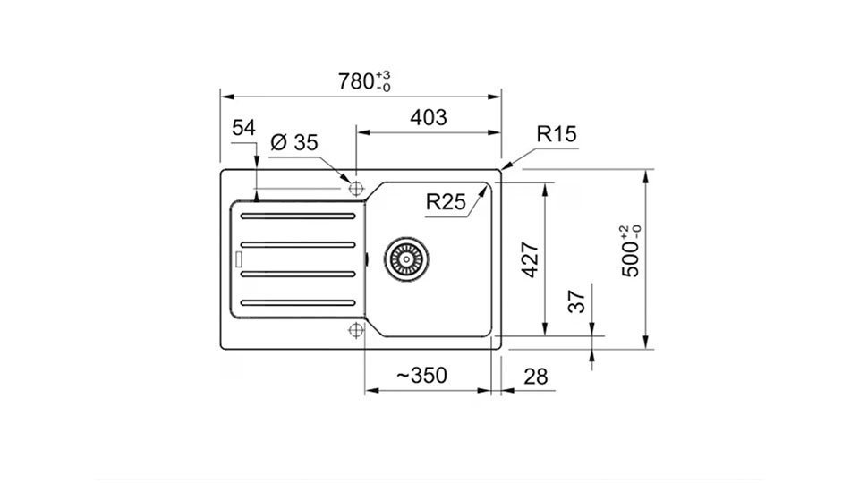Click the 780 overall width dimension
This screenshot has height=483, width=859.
pyautogui.click(x=364, y=81)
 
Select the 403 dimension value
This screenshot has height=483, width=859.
pyautogui.click(x=429, y=117)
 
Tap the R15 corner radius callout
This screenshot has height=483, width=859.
pyautogui.click(x=557, y=133)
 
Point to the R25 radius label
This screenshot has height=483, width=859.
pyautogui.click(x=446, y=201)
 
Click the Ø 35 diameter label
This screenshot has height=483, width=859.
pyautogui.click(x=294, y=142)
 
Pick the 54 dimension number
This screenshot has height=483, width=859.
pyautogui.click(x=243, y=128)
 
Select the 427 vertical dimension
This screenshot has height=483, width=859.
pyautogui.click(x=530, y=259)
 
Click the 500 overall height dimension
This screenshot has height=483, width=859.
pyautogui.click(x=631, y=251)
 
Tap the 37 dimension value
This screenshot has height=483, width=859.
pyautogui.click(x=577, y=301)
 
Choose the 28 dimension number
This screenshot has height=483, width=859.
pyautogui.click(x=535, y=377)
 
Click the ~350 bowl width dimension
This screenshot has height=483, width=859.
pyautogui.click(x=421, y=376)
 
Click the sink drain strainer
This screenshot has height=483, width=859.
pyautogui.click(x=406, y=259)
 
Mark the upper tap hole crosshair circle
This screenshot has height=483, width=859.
pyautogui.click(x=356, y=189)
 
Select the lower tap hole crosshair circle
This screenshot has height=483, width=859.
pyautogui.click(x=356, y=330)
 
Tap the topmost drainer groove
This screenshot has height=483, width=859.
pyautogui.click(x=298, y=216)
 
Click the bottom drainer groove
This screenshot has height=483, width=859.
pyautogui.click(x=298, y=303)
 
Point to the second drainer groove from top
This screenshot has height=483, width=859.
pyautogui.click(x=298, y=245)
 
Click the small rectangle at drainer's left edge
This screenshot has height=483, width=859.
pyautogui.click(x=238, y=259)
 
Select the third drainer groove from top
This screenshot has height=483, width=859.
pyautogui.click(x=298, y=274)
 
